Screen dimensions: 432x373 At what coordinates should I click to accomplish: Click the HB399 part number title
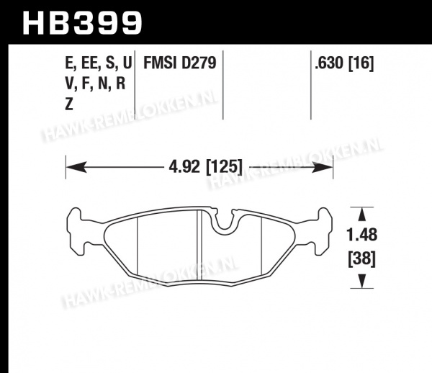[x=82, y=23]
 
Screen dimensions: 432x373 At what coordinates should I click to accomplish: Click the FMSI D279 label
[x=179, y=63]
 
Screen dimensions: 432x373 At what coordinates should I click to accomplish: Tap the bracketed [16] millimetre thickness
[x=361, y=63]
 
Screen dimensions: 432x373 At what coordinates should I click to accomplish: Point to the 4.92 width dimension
[x=184, y=166]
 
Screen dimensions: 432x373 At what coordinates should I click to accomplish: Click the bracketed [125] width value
[x=225, y=167]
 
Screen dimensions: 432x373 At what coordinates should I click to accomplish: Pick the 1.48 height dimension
[x=361, y=235]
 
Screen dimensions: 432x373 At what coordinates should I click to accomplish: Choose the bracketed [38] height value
[x=361, y=259]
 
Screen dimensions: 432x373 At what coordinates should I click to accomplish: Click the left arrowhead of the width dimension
[x=76, y=167]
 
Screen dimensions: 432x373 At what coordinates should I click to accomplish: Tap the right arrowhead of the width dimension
[x=323, y=167]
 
